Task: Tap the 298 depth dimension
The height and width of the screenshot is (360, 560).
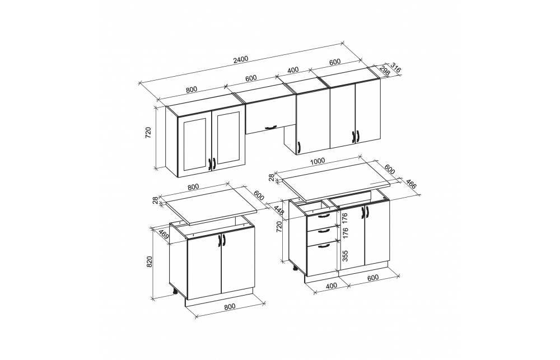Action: point(384,70)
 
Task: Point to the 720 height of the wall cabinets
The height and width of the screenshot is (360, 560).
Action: point(149,132)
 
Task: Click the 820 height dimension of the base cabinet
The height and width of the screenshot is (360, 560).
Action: point(150,261)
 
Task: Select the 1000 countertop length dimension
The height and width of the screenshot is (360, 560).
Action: point(318,161)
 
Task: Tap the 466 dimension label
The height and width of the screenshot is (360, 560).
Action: point(411,184)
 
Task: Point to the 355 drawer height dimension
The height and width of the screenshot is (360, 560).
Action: point(345,256)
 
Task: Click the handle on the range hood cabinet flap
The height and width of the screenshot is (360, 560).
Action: point(270,127)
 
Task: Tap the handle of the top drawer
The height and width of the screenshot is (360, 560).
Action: point(324,216)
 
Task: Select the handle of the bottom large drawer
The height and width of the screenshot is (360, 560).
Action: point(324,245)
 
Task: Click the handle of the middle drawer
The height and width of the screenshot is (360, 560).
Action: point(324,231)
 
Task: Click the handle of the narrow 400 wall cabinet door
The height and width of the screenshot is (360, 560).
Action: point(298,147)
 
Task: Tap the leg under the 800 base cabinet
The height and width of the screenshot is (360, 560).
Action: point(175,291)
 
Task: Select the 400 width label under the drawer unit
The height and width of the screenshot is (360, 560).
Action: point(332,286)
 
